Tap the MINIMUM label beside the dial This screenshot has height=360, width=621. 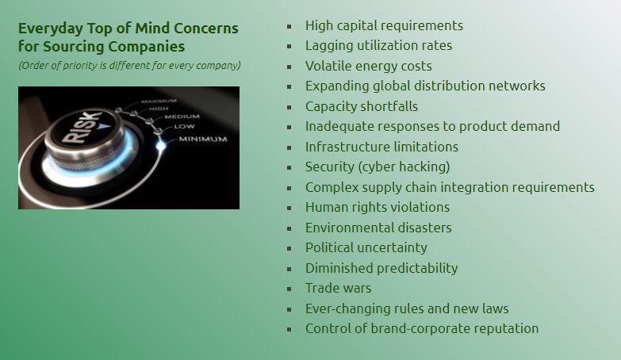tap(203, 139)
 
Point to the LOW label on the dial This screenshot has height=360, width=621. tap(184, 127)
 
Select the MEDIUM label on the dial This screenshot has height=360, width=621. tap(182, 117)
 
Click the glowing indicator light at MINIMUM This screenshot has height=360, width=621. tap(161, 145)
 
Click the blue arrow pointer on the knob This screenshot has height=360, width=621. tap(105, 127)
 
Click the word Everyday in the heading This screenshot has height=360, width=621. tap(51, 29)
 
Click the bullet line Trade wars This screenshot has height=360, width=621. tap(338, 288)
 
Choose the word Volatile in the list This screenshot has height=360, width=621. tap(328, 66)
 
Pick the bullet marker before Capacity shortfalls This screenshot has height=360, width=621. tap(289, 107)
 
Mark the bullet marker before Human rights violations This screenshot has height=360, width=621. tap(289, 209)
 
